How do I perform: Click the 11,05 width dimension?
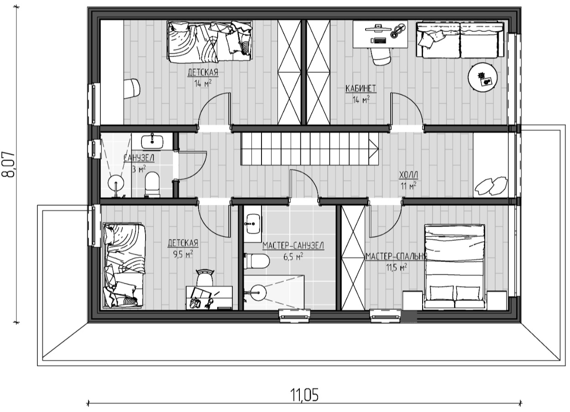(x=304, y=396)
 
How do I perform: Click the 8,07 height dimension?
(x=8, y=165)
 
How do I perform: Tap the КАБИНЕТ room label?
(x=361, y=89)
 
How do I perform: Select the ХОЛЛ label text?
(x=408, y=175)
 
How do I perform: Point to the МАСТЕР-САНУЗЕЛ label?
(x=293, y=246)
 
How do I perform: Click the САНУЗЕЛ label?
(x=139, y=158)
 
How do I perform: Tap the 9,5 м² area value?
(x=183, y=254)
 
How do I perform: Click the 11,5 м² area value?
(x=397, y=267)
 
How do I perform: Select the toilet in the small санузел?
(x=152, y=184)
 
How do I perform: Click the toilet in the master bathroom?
(x=256, y=261)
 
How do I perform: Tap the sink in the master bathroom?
(x=253, y=224)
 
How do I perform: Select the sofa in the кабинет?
(x=460, y=40)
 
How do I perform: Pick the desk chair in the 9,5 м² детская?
(x=204, y=278)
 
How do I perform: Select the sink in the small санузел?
(x=152, y=141)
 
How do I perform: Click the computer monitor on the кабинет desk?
(x=378, y=27)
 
